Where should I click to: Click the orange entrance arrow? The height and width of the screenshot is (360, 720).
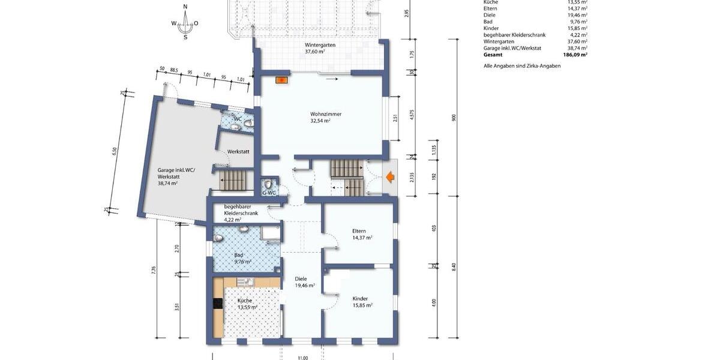click(390, 177)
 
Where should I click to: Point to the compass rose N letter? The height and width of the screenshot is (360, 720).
click(185, 7)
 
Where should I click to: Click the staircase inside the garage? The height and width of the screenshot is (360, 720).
click(233, 179)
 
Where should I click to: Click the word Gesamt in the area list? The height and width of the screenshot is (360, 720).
click(494, 54)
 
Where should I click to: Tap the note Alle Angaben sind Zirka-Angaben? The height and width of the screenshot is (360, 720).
click(522, 65)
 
